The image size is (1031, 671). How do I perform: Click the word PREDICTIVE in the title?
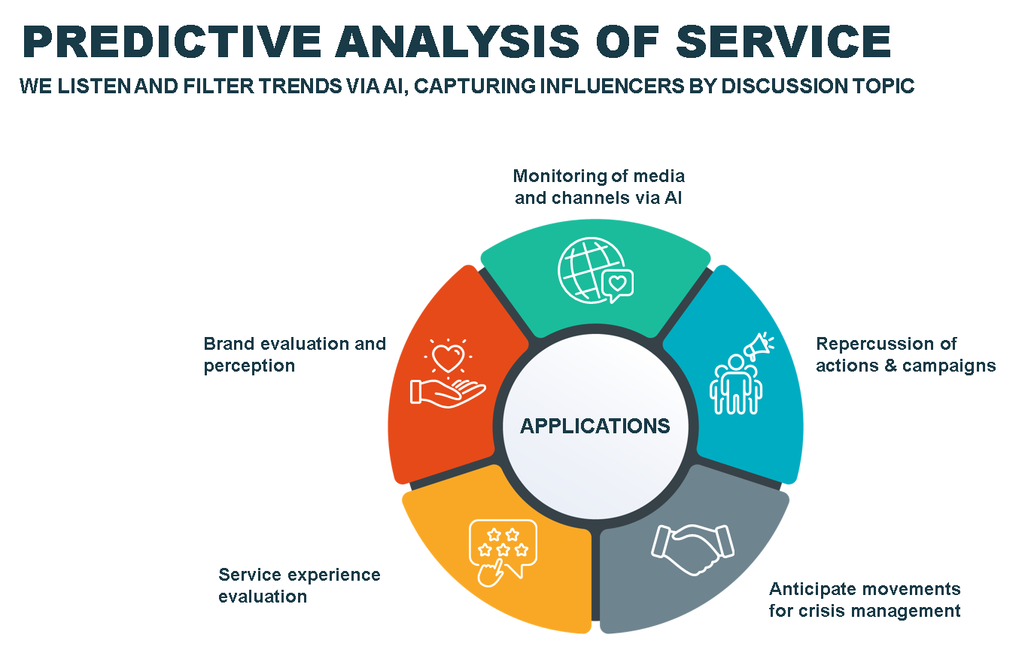172,41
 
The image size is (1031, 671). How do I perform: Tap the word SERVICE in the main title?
784,41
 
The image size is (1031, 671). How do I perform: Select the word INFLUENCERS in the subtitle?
612,86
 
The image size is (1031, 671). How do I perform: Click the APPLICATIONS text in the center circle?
595,426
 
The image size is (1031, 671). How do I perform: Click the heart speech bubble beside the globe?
618,285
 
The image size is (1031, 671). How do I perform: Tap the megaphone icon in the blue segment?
759,345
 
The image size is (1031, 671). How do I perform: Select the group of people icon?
735,384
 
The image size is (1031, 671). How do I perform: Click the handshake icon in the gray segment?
692,549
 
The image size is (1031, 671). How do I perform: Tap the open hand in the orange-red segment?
447,393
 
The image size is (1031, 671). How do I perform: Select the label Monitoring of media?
599,176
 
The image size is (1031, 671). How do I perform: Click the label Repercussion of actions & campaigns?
905,354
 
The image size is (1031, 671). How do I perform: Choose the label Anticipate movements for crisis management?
865,600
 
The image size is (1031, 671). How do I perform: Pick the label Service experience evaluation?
300,585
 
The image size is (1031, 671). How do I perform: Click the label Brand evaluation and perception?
294,354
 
